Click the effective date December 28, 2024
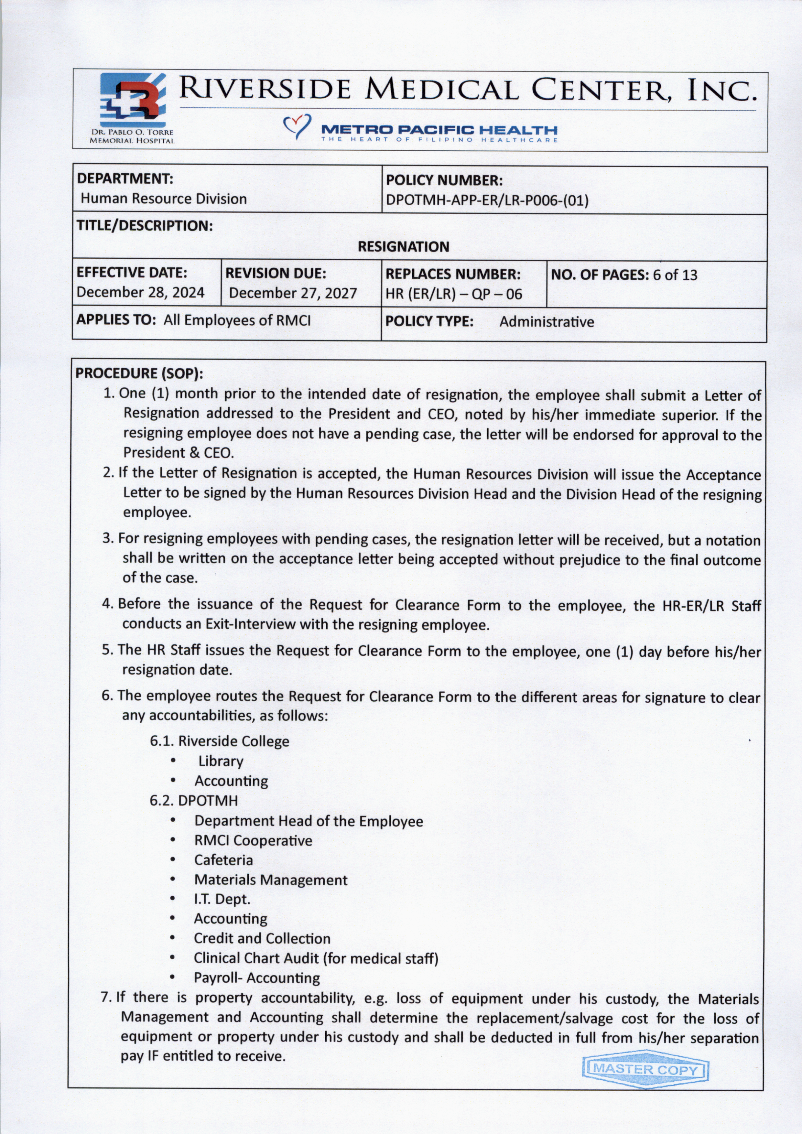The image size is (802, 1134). [x=140, y=292]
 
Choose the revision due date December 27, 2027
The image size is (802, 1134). [x=293, y=293]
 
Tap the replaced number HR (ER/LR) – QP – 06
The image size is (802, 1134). [x=453, y=294]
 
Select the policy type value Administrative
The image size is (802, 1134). [x=546, y=322]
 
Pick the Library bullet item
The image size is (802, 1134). [x=221, y=761]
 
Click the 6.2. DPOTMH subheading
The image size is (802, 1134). [x=194, y=801]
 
